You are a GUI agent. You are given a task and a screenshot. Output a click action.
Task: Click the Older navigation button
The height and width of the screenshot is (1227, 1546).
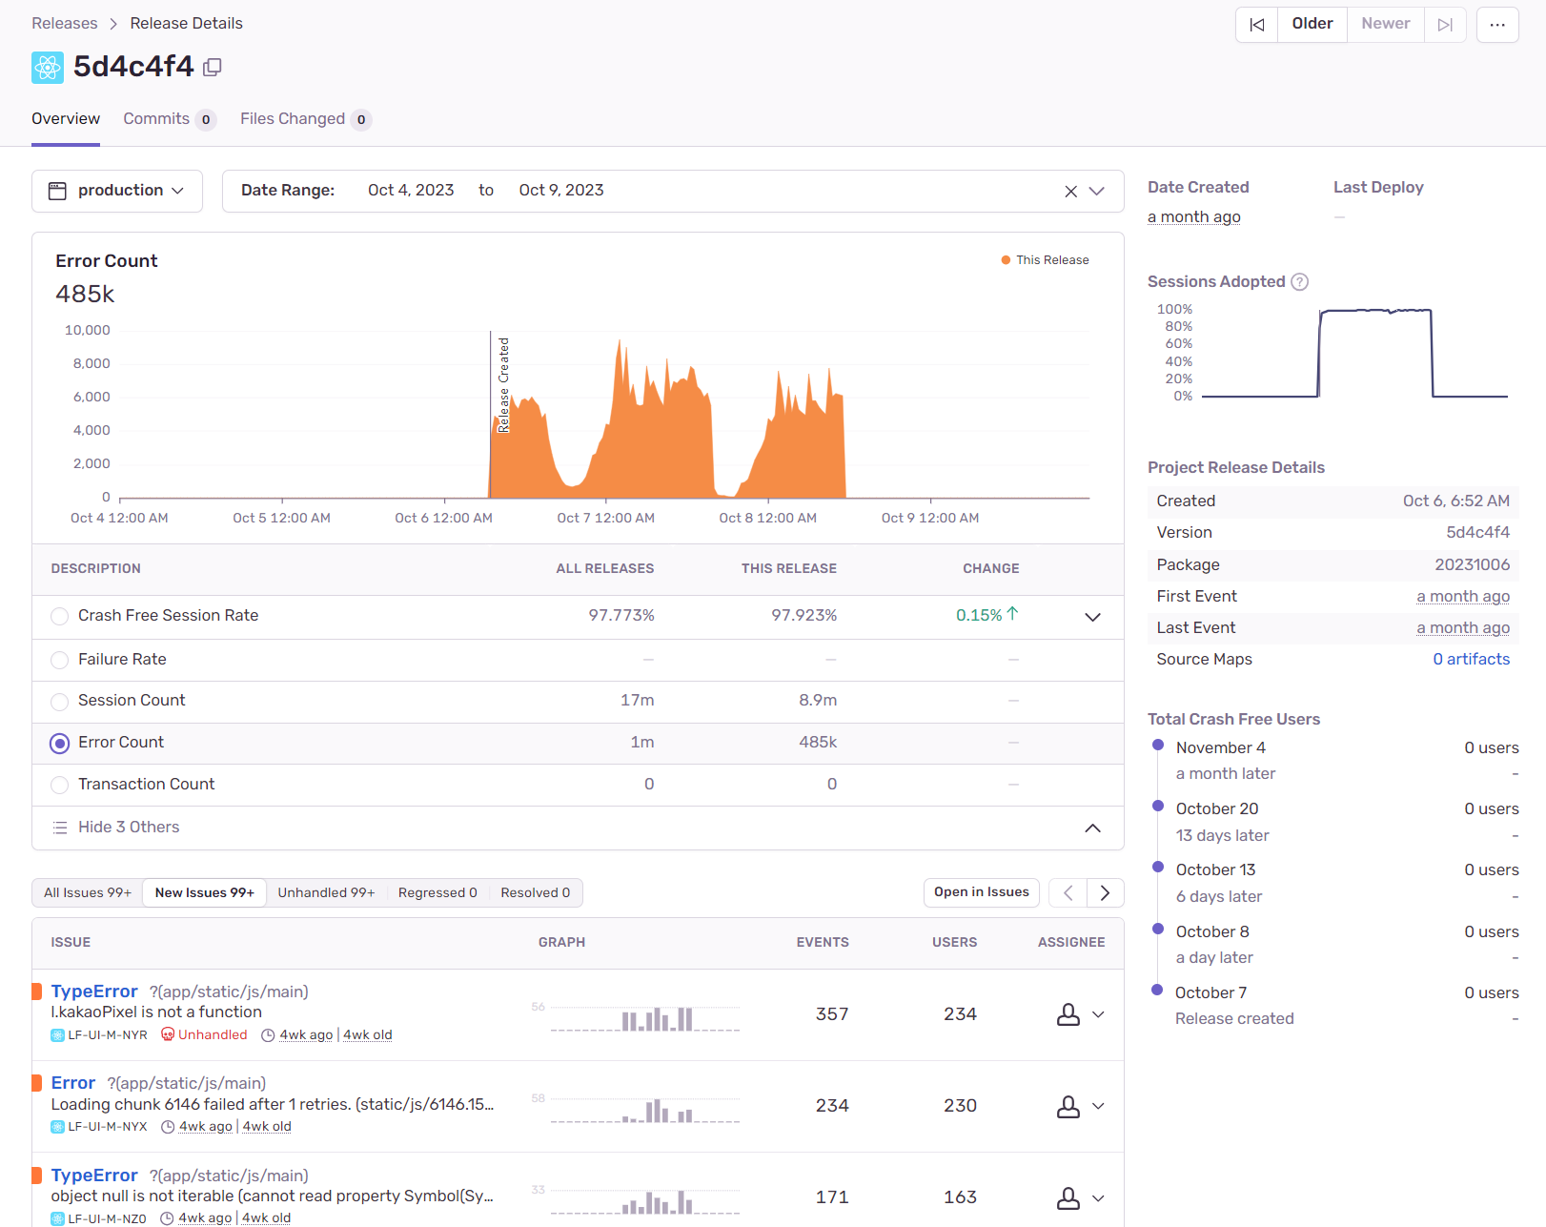pos(1312,25)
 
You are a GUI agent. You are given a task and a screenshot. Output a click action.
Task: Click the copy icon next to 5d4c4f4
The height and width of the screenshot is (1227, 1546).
pos(212,67)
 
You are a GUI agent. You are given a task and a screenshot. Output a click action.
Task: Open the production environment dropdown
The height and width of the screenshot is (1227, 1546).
pos(117,191)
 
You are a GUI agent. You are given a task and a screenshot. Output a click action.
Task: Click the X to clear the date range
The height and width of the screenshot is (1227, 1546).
pos(1070,192)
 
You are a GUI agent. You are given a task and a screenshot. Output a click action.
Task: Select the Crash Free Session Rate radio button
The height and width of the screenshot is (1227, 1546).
pos(60,616)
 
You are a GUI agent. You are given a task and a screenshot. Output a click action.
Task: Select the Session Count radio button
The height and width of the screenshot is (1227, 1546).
pos(60,701)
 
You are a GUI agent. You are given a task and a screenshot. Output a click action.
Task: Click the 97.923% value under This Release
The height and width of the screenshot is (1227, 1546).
pos(804,615)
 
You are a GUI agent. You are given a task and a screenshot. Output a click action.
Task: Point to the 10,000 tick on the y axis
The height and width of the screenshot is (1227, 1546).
pos(88,330)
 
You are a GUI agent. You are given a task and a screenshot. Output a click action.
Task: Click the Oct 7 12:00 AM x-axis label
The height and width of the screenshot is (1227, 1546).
pos(605,518)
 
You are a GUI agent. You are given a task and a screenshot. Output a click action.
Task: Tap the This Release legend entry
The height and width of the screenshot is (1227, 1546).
pos(1046,260)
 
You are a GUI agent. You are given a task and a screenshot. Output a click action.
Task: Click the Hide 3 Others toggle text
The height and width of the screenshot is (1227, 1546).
pos(129,828)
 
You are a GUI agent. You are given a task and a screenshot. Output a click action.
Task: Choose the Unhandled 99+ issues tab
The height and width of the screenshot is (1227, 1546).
pos(326,892)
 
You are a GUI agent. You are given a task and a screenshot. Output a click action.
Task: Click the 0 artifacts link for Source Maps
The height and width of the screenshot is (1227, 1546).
pos(1472,659)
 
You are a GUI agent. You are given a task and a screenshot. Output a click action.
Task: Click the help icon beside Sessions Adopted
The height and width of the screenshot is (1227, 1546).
pos(1299,282)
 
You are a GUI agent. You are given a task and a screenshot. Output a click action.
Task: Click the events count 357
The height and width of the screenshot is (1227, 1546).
pos(832,1014)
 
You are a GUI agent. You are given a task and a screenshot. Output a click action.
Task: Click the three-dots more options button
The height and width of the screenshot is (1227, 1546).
pos(1497,25)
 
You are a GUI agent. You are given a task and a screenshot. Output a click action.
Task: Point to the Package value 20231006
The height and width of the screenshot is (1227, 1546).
pos(1472,565)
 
